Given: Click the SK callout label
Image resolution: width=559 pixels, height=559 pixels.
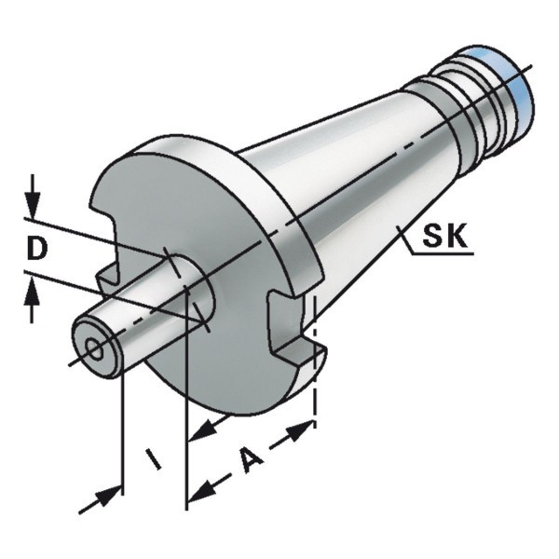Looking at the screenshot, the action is pyautogui.click(x=444, y=236).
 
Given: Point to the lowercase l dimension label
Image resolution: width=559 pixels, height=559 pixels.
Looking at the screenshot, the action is pyautogui.click(x=154, y=459).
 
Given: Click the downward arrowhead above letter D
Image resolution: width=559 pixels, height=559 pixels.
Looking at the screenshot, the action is pyautogui.click(x=33, y=204).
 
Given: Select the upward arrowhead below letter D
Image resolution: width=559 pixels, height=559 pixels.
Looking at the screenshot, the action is pyautogui.click(x=33, y=293).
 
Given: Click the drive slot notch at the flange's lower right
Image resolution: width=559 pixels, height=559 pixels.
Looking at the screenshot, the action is pyautogui.click(x=293, y=328).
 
